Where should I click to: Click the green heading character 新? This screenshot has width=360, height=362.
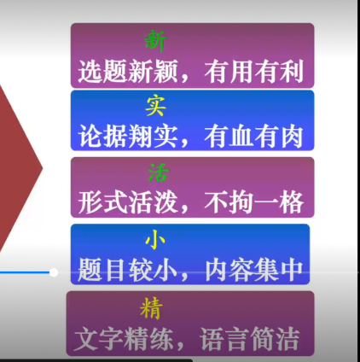coord(155,41)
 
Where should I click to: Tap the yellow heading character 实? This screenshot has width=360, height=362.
coord(156,107)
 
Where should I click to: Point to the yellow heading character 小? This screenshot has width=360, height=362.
coord(155,239)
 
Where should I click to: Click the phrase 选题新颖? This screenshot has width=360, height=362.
coord(128,71)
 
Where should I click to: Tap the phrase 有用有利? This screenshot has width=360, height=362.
coord(253,71)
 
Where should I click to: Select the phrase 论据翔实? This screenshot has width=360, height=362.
coord(128,137)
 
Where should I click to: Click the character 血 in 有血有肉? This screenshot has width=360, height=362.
coord(241,137)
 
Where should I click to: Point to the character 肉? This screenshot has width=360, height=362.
coord(292,137)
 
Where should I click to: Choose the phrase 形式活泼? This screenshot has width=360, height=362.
coord(128,203)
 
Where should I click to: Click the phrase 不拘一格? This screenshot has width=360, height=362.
coord(253,203)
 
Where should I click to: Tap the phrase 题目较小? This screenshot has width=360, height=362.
coord(128,270)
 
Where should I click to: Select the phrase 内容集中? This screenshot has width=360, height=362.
coord(253,270)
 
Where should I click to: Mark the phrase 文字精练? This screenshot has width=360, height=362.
coord(124,339)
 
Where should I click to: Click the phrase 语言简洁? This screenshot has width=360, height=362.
coord(250,339)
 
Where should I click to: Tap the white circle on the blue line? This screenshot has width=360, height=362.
coord(54,272)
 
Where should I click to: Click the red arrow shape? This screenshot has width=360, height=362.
coord(17,168)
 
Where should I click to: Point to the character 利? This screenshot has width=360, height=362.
coord(292,71)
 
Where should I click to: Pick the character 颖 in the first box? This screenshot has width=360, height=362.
coord(165,71)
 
